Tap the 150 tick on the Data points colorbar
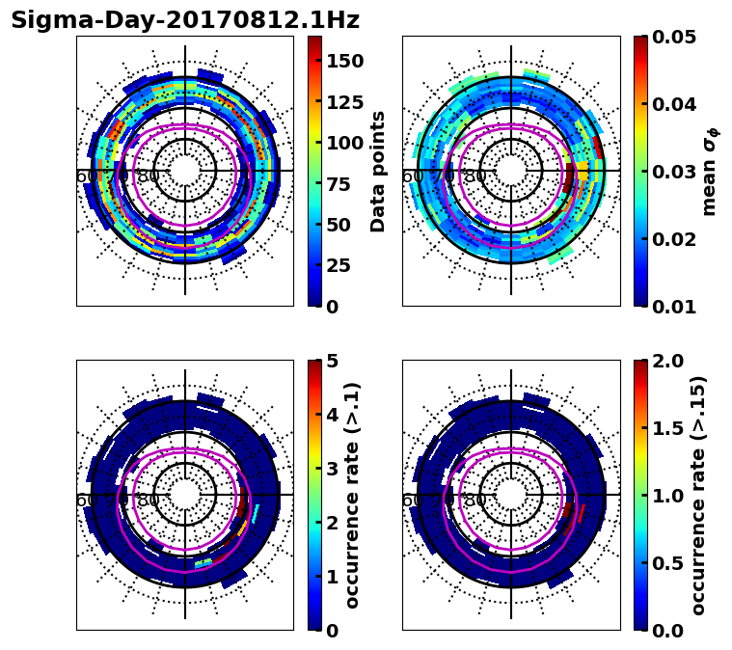[x=345, y=61]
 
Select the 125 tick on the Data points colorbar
[x=345, y=102]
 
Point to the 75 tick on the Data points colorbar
[x=345, y=184]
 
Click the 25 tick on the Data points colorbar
[x=345, y=266]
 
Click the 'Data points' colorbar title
[x=378, y=172]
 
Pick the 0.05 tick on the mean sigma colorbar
[x=675, y=37]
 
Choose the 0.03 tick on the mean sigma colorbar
[x=675, y=172]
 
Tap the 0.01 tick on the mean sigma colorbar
[x=675, y=307]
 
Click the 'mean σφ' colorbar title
[x=709, y=172]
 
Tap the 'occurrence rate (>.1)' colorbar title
[x=352, y=496]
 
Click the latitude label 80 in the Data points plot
[x=149, y=176]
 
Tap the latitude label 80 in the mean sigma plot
[x=474, y=176]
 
